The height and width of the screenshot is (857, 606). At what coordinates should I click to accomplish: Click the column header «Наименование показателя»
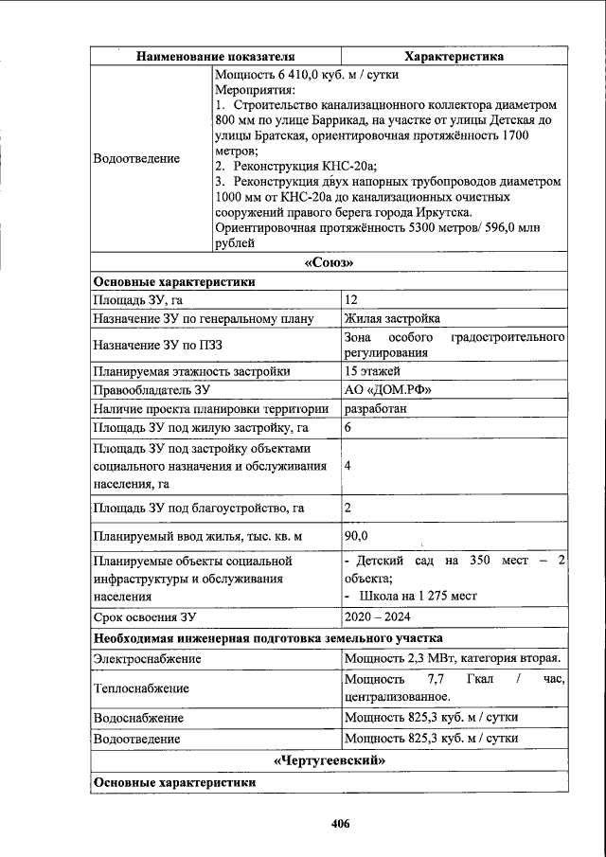[215, 57]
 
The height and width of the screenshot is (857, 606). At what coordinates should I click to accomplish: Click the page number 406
[341, 824]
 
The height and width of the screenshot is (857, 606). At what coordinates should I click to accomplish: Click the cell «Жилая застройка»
[392, 319]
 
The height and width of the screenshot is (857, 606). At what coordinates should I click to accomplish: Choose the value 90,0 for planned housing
[357, 536]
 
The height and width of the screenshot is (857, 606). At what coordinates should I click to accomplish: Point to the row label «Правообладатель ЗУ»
[151, 389]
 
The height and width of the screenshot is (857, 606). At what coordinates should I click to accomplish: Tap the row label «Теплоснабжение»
[141, 687]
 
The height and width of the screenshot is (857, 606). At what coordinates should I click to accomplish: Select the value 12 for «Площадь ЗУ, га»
[351, 300]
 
